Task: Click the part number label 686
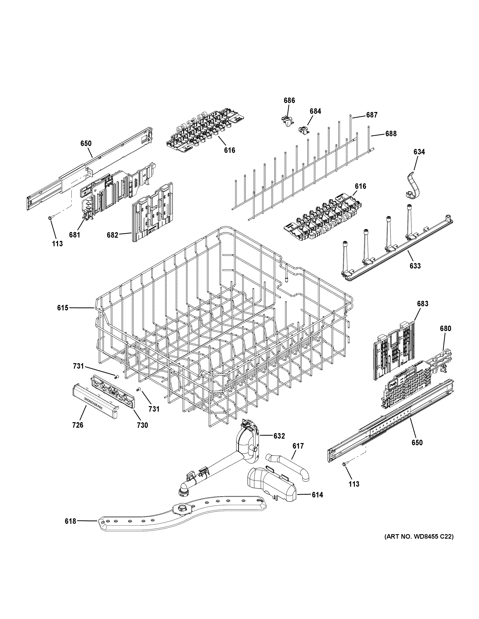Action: click(289, 100)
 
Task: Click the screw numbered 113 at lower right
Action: click(345, 464)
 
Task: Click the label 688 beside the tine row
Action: click(391, 133)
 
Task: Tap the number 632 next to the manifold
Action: click(279, 436)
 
